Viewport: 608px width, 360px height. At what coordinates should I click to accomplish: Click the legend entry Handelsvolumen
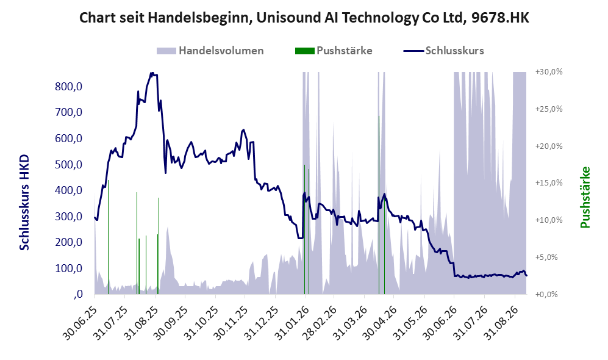(210, 51)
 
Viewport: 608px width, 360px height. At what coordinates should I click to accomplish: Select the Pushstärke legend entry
(334, 51)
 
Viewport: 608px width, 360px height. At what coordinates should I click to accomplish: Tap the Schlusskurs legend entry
(443, 51)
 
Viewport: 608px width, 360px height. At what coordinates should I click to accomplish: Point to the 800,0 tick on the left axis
(69, 86)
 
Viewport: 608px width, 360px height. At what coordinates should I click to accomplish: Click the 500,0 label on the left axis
(69, 165)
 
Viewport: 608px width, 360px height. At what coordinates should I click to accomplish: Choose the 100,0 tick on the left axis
(69, 268)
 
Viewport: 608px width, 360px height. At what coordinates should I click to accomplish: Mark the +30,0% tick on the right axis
(549, 72)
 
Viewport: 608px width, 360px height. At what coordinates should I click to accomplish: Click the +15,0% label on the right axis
(549, 182)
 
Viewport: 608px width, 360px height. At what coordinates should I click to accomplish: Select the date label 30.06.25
(80, 323)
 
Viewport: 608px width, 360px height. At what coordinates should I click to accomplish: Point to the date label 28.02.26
(320, 323)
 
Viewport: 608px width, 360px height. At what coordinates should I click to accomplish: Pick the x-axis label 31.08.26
(501, 323)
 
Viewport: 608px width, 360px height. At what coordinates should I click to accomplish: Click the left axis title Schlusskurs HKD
(24, 203)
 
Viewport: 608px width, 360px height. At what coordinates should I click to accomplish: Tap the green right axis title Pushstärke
(585, 198)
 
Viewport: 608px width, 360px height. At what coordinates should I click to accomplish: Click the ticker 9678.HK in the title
(500, 18)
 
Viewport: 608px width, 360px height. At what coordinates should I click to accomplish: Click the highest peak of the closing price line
(152, 73)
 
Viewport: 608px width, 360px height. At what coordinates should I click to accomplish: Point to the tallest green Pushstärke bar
(379, 205)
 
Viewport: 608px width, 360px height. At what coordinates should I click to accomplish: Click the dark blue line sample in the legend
(413, 51)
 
